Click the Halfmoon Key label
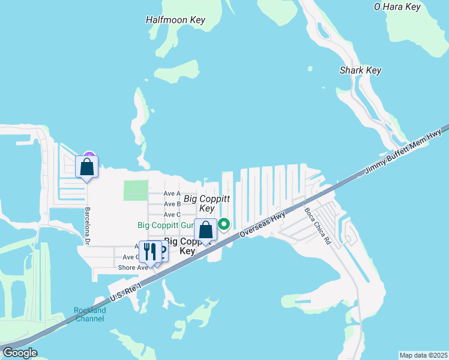coord(175,20)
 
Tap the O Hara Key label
coord(397,7)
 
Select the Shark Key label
coord(360,70)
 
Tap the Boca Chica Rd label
coord(318,226)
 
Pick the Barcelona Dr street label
coord(87,226)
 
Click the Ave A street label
coord(172,193)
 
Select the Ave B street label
coord(172,204)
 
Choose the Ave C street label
coord(172,214)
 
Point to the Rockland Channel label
coord(90,314)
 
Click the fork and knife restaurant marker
coord(149,251)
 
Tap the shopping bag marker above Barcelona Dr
coord(86,166)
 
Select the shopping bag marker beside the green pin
coord(205,229)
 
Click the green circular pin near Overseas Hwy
coord(224,224)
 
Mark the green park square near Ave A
coord(136,191)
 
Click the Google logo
coord(20,353)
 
